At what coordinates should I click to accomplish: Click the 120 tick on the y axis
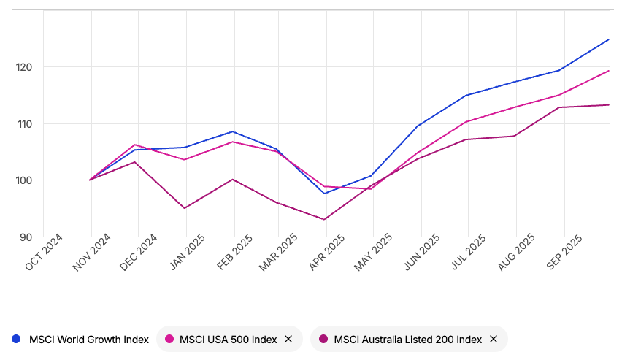pos(28,67)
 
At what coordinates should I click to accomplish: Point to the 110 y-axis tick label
pos(28,124)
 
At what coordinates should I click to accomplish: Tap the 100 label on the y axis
pos(28,180)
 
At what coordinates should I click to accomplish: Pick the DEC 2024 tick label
pos(139,253)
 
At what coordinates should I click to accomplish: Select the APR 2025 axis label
pos(328,253)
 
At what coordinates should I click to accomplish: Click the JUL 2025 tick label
pos(469,253)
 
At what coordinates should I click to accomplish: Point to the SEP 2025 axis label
pos(564,253)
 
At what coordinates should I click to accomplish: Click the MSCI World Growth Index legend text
pos(88,339)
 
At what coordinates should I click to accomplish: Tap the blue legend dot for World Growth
pos(16,339)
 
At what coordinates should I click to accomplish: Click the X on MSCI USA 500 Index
pos(288,339)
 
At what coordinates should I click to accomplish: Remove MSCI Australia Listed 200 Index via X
pos(494,339)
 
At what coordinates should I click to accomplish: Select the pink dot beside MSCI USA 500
pos(169,339)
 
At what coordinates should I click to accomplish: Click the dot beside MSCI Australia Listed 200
pos(323,339)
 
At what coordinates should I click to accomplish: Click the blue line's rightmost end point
pos(609,39)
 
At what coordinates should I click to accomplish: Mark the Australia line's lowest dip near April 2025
pos(323,219)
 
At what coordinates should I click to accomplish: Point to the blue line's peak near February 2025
pos(233,131)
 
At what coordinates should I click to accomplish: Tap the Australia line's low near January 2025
pos(185,208)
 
